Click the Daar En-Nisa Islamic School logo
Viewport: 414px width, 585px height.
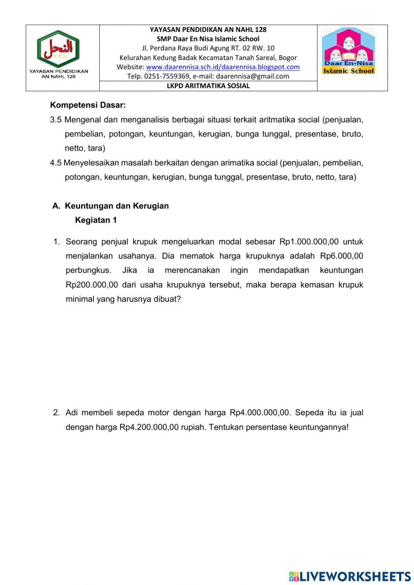pos(348,51)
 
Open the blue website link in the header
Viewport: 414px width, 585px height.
pos(223,67)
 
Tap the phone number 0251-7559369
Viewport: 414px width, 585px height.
pos(167,76)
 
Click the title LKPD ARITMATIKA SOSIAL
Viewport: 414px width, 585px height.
pos(208,86)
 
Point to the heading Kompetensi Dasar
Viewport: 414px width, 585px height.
pos(88,105)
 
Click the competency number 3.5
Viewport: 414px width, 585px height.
pos(56,120)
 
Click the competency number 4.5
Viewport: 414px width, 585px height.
pos(56,163)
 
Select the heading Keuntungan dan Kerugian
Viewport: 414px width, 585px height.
pos(117,206)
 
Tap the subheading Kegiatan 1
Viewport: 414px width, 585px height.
pos(96,220)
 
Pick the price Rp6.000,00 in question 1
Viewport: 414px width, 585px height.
pos(342,256)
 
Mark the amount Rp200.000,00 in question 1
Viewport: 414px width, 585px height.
pos(92,285)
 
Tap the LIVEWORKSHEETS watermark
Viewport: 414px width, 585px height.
pos(350,576)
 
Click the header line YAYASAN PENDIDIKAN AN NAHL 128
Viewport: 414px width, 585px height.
pos(208,30)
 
